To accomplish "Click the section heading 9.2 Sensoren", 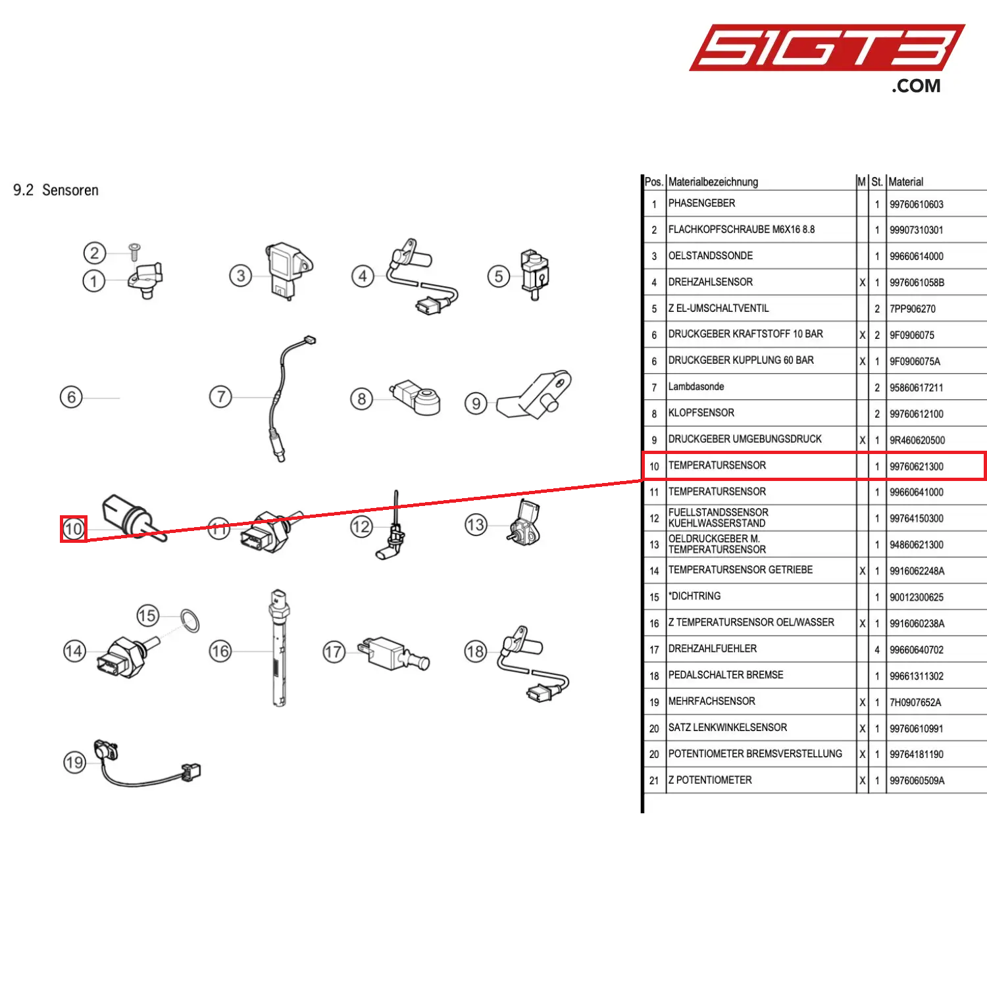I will point(56,190).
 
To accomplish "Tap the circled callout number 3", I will point(241,276).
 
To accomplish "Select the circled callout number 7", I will point(220,397).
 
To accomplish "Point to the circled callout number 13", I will point(476,525).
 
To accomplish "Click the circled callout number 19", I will point(74,763).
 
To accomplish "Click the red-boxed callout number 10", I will point(73,529).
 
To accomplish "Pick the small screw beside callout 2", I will point(134,251).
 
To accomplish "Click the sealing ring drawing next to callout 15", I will point(190,620).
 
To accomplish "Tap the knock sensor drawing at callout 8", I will point(417,397).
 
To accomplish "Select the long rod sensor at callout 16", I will point(280,648).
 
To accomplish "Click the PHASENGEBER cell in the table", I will point(701,203).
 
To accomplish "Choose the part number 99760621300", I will point(916,467).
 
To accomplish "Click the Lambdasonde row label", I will point(696,387).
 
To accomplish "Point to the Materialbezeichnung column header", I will point(713,182).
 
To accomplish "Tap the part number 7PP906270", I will point(912,309).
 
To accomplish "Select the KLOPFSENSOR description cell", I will point(701,413).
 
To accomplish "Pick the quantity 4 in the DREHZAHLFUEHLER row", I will point(876,650).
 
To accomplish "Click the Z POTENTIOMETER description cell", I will point(710,780).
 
